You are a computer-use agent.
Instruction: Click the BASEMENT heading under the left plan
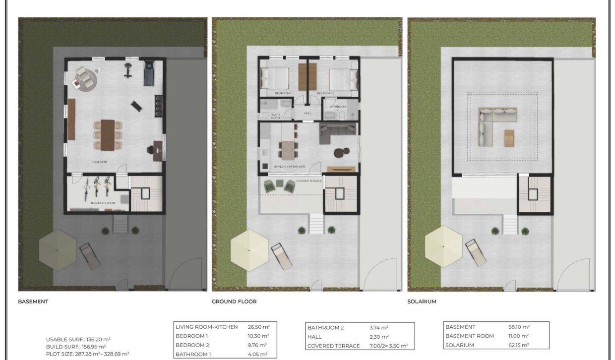[x=33, y=301]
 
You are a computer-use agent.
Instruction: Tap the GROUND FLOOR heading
[x=234, y=301]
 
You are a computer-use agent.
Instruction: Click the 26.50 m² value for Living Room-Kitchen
[x=258, y=327]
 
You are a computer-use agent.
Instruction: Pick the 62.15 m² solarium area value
[x=519, y=345]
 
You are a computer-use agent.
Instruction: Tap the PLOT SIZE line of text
[x=88, y=354]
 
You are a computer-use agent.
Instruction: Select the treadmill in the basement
[x=149, y=73]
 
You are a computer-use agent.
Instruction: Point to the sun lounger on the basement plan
[x=90, y=255]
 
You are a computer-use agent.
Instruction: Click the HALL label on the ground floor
[x=307, y=113]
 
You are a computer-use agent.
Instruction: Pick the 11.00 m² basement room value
[x=519, y=336]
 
